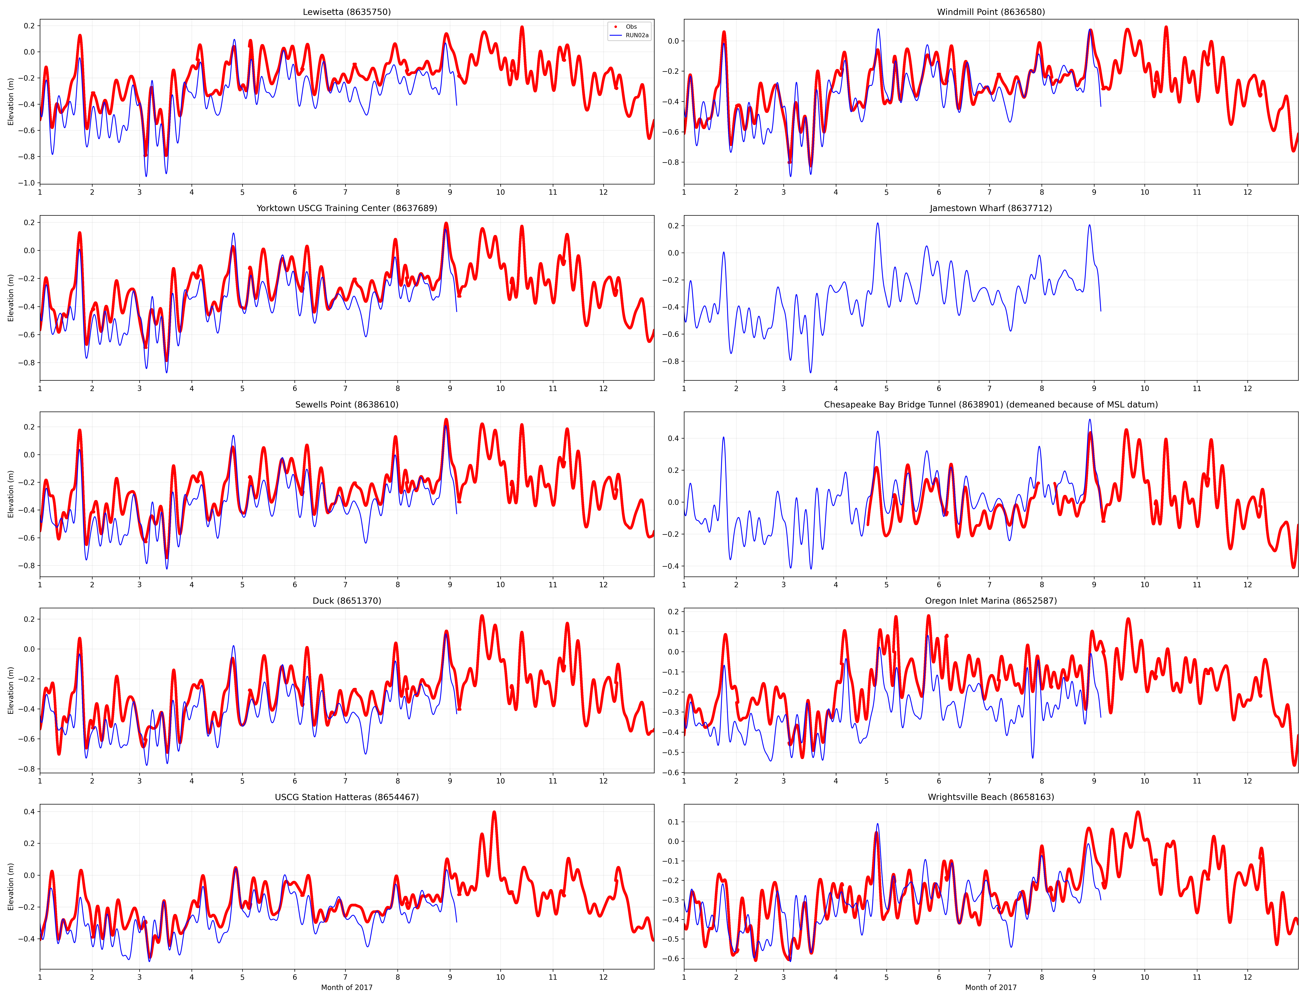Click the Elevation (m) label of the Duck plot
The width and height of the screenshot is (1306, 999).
[11, 690]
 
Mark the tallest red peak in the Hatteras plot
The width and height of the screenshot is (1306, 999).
[494, 812]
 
